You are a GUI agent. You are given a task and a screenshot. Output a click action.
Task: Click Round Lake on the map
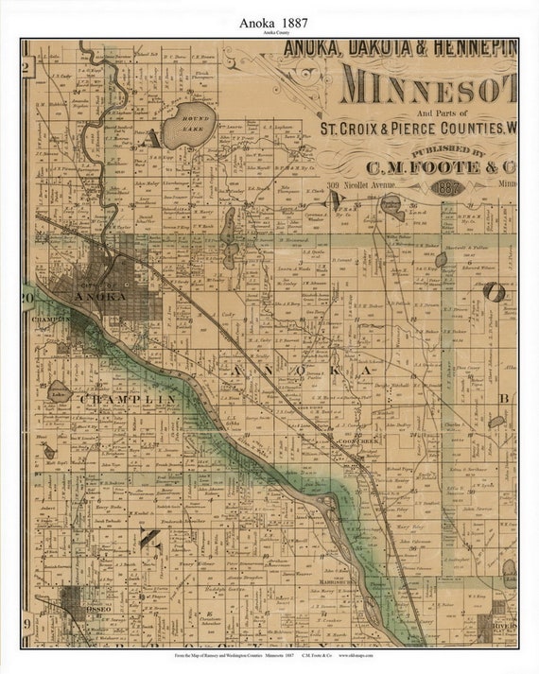click(x=189, y=126)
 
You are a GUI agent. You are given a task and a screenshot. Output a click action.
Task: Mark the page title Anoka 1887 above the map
click(x=268, y=20)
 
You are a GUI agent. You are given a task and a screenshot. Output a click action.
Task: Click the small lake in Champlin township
click(x=60, y=391)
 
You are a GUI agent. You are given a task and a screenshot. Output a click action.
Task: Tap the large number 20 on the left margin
click(x=27, y=299)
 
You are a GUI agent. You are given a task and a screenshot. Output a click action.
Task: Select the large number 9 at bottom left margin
click(x=27, y=624)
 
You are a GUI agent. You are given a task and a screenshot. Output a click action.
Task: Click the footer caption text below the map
click(x=274, y=655)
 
